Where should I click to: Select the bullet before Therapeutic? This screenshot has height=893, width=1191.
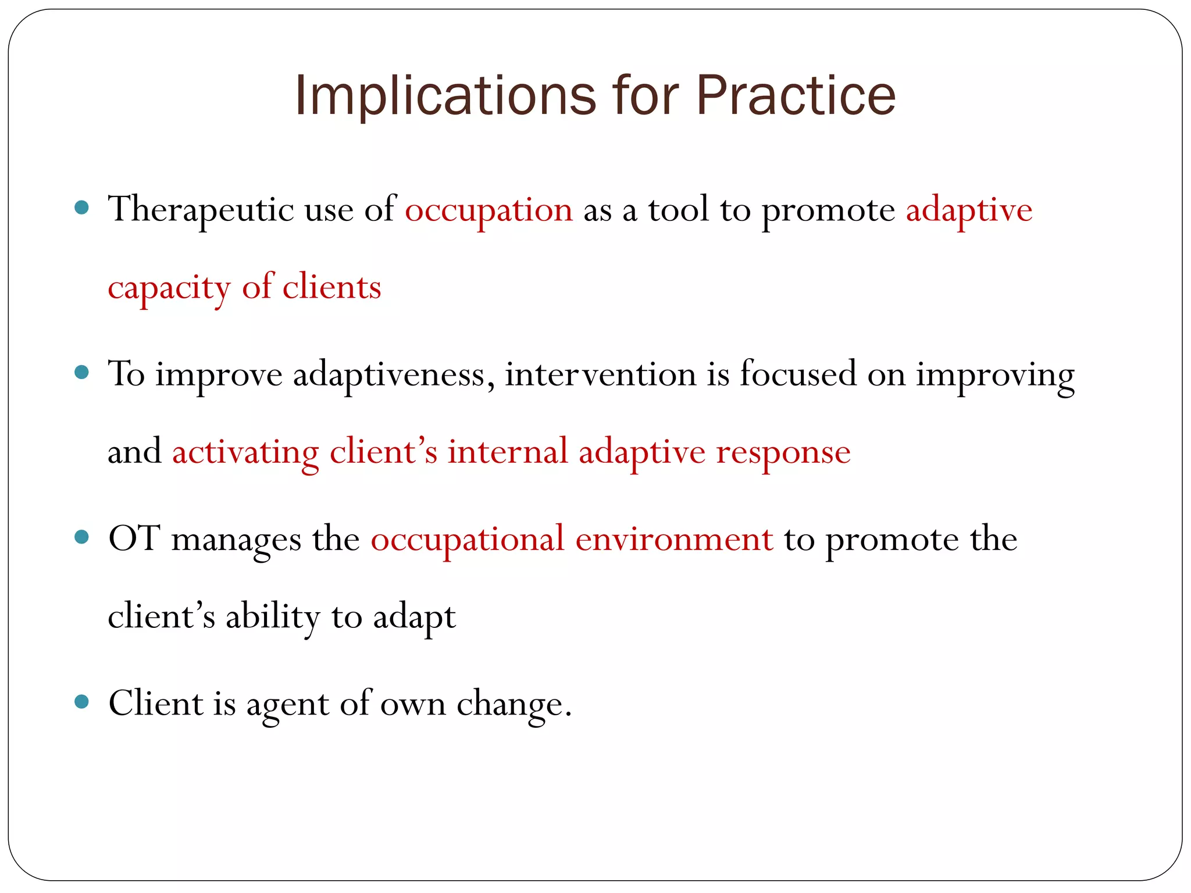point(82,208)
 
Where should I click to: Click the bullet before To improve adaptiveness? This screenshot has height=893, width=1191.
point(82,372)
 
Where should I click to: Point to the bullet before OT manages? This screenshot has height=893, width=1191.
point(82,537)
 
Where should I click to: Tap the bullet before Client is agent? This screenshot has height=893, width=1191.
point(82,702)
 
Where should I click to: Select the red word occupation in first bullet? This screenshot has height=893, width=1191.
point(488,210)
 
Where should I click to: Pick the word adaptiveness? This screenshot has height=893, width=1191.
point(389,375)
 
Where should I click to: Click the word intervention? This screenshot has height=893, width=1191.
point(600,375)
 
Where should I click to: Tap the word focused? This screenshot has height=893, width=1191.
point(798,374)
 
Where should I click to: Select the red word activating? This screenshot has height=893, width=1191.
point(245,453)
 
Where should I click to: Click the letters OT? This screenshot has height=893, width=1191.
point(134,538)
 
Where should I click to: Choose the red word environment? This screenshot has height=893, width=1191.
point(674,540)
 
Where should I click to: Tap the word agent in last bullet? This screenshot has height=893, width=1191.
point(288,705)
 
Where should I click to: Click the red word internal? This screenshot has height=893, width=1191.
point(507,452)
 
